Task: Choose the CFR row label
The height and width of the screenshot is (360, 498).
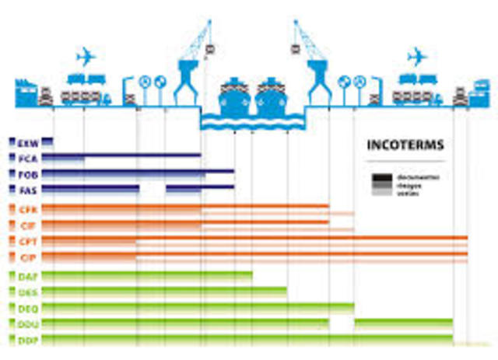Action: [x=28, y=210]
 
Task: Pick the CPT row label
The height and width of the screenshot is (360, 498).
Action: [x=28, y=241]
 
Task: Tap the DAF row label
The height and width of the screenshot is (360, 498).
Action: [x=27, y=277]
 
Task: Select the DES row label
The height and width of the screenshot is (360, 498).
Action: [x=27, y=292]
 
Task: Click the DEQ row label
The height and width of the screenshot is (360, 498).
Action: [x=27, y=308]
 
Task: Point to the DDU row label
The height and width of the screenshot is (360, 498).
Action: [x=27, y=323]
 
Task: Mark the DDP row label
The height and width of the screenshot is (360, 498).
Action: [x=27, y=340]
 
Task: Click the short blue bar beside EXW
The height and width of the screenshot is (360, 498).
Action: [x=47, y=142]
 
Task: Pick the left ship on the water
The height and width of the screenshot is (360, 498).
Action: [x=233, y=97]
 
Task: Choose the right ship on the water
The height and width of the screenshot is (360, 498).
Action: [x=272, y=97]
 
